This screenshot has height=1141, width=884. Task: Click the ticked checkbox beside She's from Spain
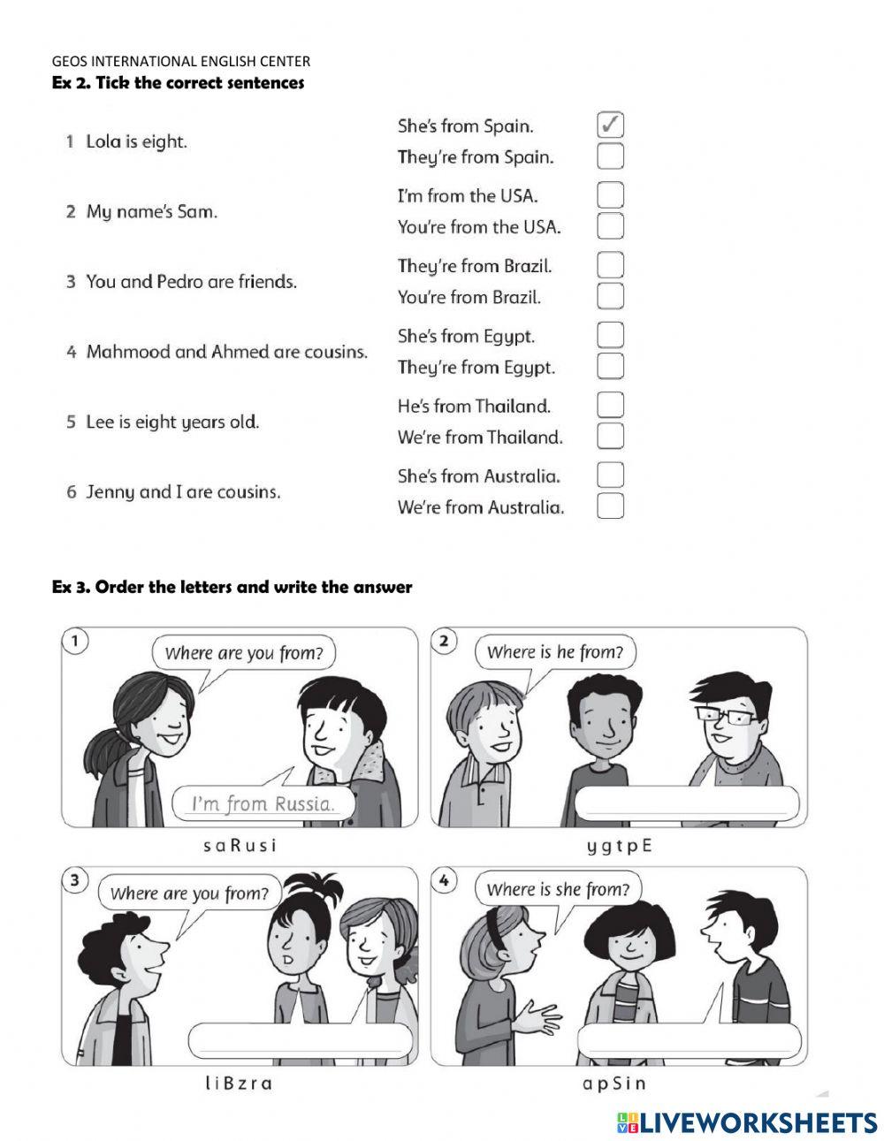point(610,126)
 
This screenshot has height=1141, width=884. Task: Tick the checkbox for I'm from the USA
point(610,195)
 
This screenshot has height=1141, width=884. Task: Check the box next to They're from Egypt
point(610,366)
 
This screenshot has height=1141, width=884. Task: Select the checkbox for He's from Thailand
point(610,406)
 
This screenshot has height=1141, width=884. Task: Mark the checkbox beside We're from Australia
point(610,506)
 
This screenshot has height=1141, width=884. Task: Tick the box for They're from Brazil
point(610,265)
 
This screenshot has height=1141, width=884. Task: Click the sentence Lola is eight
point(136,141)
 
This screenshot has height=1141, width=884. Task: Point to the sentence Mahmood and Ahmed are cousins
point(226,352)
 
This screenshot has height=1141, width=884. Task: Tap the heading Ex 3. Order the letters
point(232,587)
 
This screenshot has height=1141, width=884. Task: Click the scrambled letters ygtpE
point(619,846)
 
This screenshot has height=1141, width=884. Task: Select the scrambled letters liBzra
point(239,1084)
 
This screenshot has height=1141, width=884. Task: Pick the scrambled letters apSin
point(614,1084)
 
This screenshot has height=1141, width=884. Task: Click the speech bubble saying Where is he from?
point(555,653)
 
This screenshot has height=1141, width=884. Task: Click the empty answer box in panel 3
point(301,1041)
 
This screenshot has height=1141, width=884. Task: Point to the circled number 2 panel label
point(445,642)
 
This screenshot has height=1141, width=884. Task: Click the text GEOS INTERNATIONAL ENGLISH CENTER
point(181,62)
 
